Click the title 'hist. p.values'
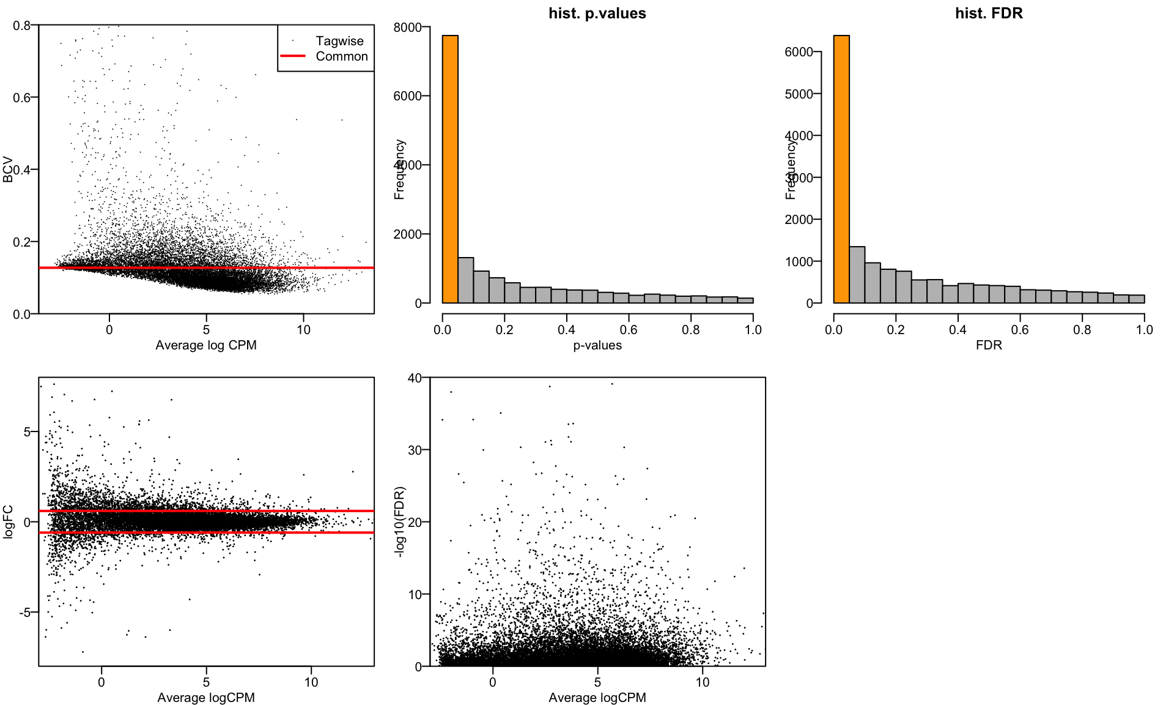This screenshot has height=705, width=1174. coord(597,13)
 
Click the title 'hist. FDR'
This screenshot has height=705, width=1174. coord(989,13)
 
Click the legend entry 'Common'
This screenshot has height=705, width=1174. coord(341,56)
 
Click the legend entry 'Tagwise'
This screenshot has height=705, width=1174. coord(339,41)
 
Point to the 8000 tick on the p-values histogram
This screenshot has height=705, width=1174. coord(407,28)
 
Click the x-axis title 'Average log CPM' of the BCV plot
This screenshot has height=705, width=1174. coord(206,345)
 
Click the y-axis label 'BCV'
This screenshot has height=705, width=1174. coord(8,170)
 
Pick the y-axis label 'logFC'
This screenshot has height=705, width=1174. coord(8,521)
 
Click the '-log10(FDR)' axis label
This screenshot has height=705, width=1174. coord(399,521)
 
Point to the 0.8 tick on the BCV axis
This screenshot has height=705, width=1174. coord(22,26)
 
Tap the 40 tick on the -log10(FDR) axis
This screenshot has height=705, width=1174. coord(415,378)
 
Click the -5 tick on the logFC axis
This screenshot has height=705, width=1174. coord(24,613)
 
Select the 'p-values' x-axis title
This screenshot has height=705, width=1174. coord(597,345)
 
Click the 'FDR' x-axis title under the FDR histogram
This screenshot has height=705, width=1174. coord(989,345)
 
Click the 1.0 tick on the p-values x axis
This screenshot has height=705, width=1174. coord(753,330)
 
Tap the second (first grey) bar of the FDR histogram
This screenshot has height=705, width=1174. coord(857,275)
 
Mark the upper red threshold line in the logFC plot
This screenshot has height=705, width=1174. coord(206,510)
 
